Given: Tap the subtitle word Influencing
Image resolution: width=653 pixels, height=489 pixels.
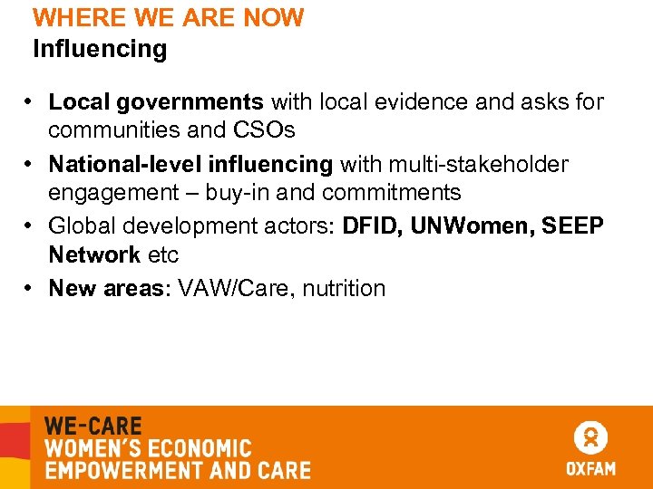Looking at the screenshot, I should pos(100,49).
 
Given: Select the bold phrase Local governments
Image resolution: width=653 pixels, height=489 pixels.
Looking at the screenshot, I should pos(156,102).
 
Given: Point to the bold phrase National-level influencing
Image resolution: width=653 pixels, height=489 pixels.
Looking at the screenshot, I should pos(190,165).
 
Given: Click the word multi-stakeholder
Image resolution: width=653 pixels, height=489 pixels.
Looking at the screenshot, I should pos(480,165).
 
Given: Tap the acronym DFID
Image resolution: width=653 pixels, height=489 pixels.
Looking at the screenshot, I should pos(372,226).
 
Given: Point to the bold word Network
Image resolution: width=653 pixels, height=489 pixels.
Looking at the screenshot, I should pos(94,254).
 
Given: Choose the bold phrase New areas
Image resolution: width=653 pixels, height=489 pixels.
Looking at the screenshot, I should pos(108,289).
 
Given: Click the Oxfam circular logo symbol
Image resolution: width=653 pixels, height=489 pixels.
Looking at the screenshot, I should pos(590,438).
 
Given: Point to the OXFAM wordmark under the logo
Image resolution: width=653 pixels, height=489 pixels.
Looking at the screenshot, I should pos(590,468).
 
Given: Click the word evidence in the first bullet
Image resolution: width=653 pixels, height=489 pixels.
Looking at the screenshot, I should pos(426,102).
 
